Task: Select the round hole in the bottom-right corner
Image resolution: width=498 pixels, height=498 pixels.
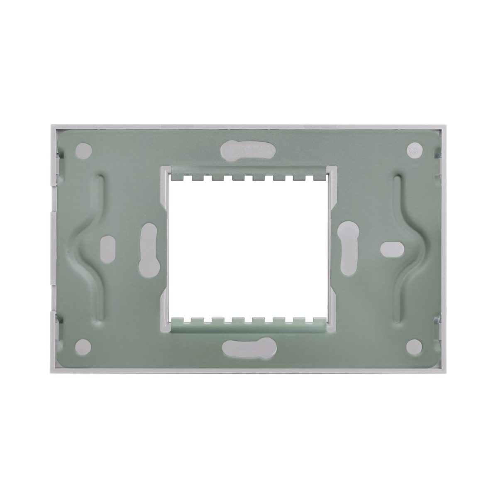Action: click(413, 344)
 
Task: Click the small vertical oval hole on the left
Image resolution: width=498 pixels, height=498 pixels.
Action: click(106, 249)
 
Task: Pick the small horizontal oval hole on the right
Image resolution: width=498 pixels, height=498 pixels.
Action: click(391, 248)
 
